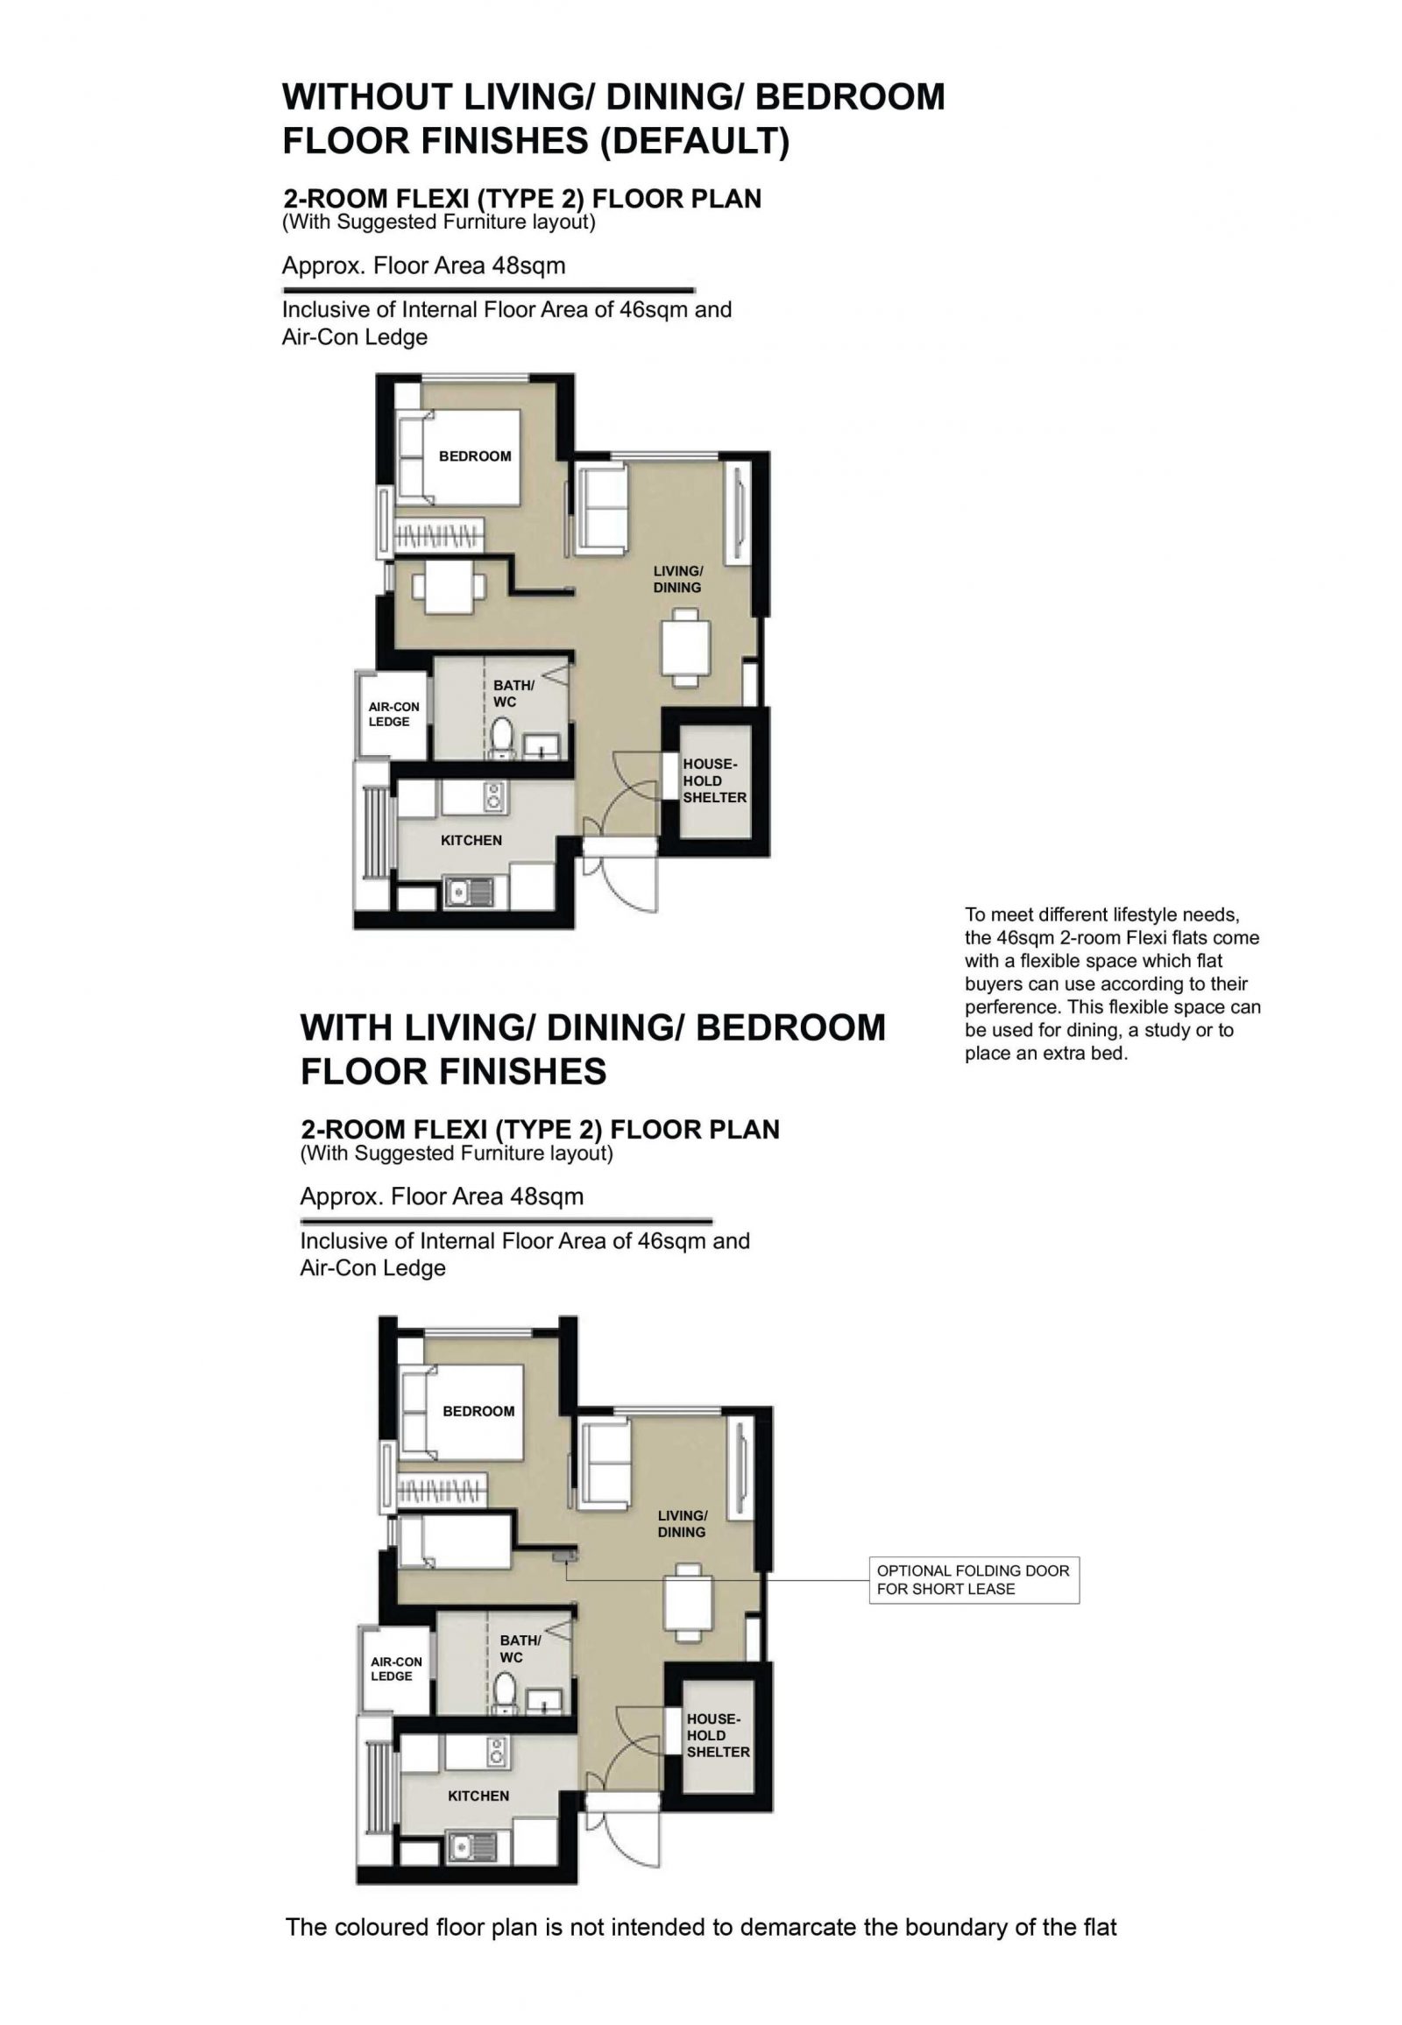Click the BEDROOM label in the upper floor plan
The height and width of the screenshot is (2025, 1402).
(474, 456)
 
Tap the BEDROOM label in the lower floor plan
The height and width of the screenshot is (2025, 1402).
(478, 1411)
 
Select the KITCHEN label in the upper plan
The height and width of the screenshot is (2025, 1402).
(471, 840)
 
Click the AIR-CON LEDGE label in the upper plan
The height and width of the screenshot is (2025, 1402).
(393, 714)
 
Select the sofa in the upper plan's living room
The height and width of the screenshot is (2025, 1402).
(602, 511)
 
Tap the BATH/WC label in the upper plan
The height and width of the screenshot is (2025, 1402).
(513, 694)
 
